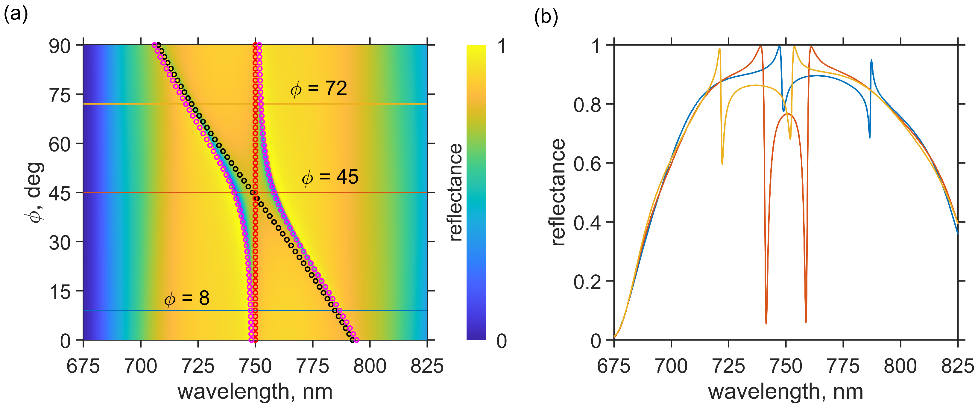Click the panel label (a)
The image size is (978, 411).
click(16, 15)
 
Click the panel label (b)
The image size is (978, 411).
click(546, 17)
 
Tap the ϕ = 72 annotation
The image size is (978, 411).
click(319, 89)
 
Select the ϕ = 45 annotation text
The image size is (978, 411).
click(330, 177)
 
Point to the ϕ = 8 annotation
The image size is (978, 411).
click(187, 298)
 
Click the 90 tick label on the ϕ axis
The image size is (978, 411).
click(60, 46)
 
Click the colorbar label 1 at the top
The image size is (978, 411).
click(502, 46)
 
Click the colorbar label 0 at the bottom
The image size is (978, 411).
click(502, 341)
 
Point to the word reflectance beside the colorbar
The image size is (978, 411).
click(455, 192)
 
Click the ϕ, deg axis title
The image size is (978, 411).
click(34, 192)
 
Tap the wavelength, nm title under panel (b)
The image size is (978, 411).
click(786, 392)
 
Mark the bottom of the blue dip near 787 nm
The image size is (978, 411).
click(869, 137)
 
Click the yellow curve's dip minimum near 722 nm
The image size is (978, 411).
click(722, 164)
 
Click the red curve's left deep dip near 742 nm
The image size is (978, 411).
click(766, 323)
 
